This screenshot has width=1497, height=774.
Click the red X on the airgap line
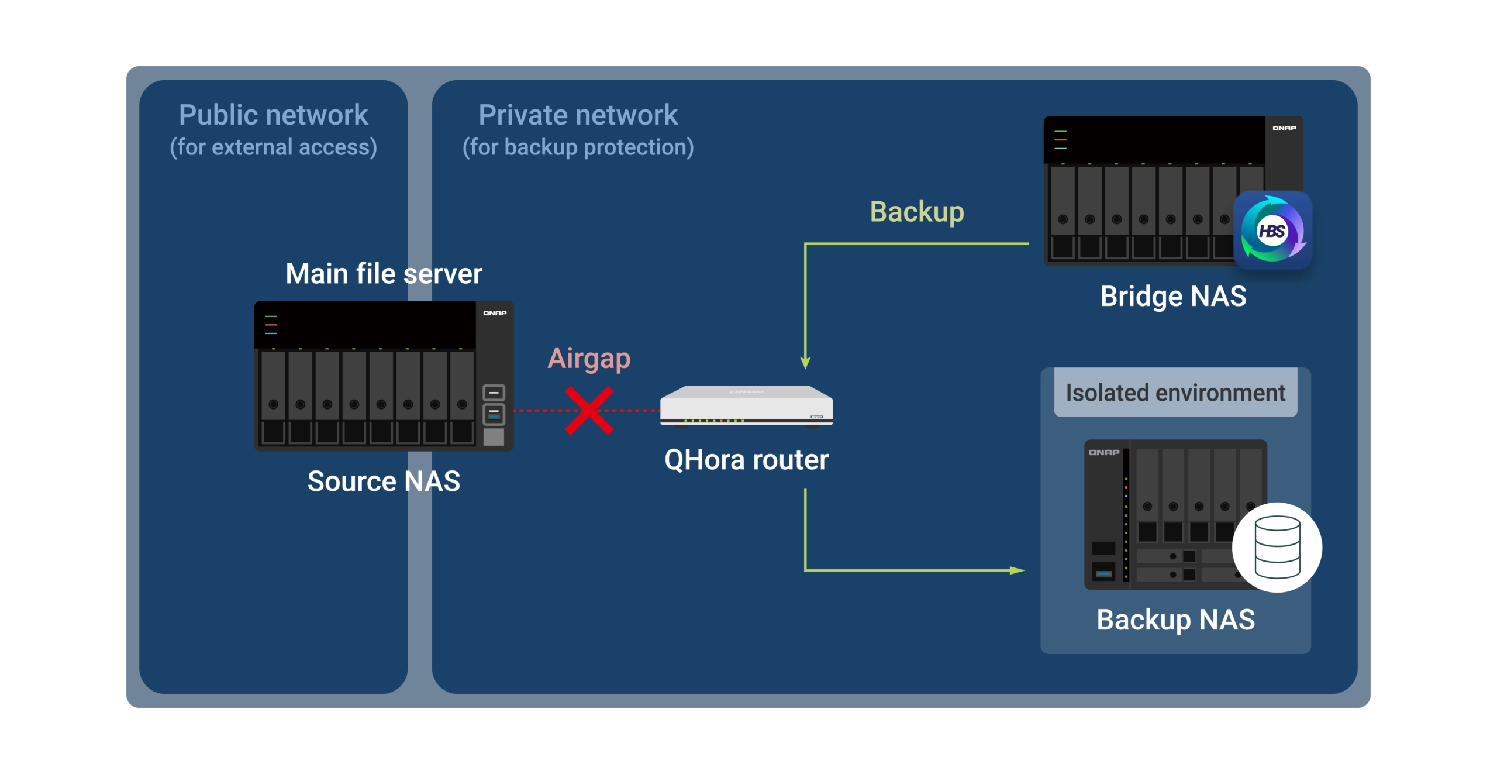589,411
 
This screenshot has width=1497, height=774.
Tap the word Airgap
589,358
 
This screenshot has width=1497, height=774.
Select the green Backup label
916,212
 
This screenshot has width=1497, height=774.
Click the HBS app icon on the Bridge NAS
1272,231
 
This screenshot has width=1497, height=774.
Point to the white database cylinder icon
1277,548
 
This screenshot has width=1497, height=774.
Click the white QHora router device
746,405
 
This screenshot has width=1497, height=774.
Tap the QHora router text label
746,460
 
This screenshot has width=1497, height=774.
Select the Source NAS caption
384,481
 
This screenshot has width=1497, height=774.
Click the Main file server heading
384,274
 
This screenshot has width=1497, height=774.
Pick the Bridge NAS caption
1173,296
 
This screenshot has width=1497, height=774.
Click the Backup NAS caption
1175,620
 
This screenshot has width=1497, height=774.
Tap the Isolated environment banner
1175,393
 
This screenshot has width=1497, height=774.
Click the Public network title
273,115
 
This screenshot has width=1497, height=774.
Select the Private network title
578,115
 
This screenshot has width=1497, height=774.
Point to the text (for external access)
273,147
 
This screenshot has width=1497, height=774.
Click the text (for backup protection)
578,147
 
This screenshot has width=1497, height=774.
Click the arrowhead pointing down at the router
805,363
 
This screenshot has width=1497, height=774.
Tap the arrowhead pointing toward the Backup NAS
1017,570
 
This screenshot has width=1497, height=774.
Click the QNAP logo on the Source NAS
495,314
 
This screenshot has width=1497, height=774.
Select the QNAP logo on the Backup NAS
1104,452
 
